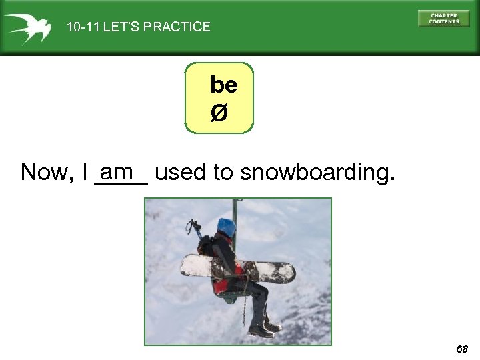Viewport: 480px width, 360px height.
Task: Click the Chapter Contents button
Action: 443,18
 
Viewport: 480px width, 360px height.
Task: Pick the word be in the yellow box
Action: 223,85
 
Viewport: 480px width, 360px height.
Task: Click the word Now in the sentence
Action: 47,172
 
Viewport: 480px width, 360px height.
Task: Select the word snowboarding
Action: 317,173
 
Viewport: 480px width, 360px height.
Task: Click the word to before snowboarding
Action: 223,172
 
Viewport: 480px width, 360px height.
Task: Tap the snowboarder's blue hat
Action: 227,227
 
